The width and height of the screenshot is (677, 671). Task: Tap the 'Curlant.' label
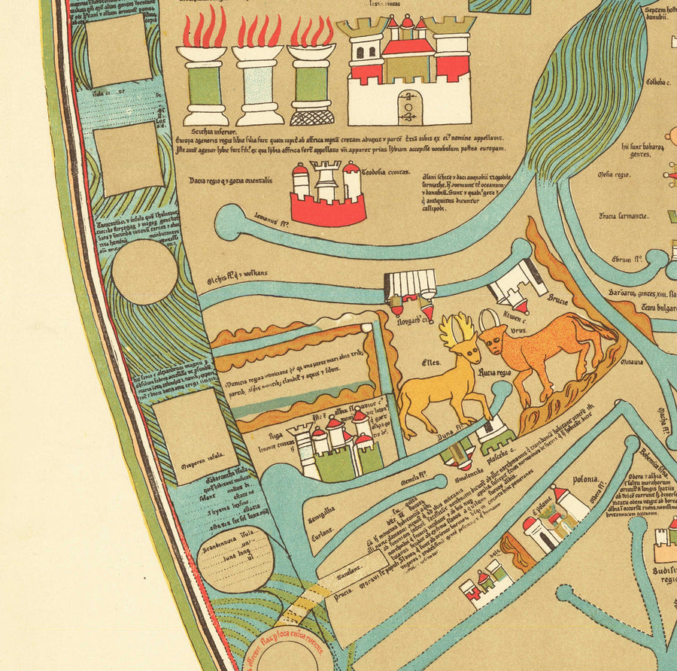(x=322, y=538)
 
